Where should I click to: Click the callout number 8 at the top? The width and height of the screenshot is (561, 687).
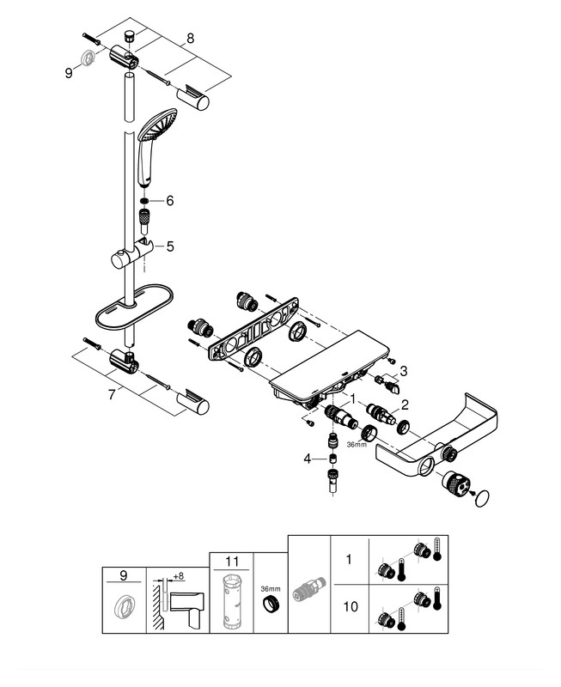pos(190,38)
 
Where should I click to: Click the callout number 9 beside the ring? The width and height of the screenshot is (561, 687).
pos(69,74)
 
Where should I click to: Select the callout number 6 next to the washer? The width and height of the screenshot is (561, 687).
pos(169,200)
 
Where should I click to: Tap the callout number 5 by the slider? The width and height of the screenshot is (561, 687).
pos(169,246)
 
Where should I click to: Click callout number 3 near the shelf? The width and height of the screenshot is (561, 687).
pos(405,370)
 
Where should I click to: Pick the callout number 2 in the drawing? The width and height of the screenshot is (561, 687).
pos(405,403)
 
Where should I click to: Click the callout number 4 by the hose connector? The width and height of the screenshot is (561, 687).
pos(307,459)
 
